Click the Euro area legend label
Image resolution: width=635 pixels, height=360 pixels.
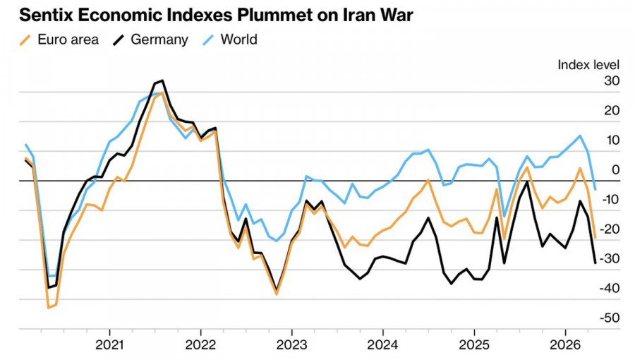tap(68, 40)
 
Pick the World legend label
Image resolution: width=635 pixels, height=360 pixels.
tap(238, 40)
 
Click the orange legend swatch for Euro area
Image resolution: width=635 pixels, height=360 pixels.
tap(26, 40)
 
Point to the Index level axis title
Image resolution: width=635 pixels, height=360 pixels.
tap(588, 64)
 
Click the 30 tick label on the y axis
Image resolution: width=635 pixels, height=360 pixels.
tap(611, 81)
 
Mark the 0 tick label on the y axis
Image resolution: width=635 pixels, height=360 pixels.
tap(615, 170)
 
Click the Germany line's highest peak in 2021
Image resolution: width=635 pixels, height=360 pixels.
tap(162, 80)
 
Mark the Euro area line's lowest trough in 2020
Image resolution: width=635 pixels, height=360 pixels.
tap(48, 308)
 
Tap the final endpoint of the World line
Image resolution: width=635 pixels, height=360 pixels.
tap(595, 189)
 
